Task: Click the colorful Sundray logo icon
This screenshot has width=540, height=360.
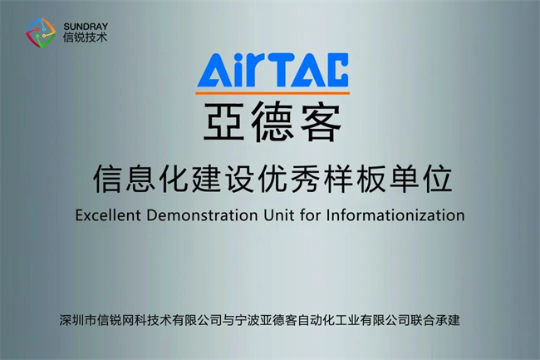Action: (x=41, y=32)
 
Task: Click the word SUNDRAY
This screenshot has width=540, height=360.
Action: (x=86, y=27)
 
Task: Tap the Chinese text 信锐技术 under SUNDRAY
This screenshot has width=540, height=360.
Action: (x=85, y=37)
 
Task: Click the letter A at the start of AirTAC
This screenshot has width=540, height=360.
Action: (x=212, y=70)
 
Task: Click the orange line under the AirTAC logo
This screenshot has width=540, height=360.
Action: (x=272, y=92)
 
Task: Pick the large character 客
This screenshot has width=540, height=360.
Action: (x=321, y=121)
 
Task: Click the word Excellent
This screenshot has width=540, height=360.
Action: (x=108, y=215)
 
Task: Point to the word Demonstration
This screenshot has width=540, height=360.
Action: (x=202, y=215)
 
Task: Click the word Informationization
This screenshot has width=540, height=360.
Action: (x=395, y=215)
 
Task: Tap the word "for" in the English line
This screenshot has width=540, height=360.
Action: (x=311, y=215)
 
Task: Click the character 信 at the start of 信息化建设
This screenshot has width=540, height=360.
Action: (x=107, y=179)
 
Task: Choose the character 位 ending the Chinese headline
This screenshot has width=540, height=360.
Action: (x=438, y=179)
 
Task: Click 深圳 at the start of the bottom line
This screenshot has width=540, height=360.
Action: (x=71, y=320)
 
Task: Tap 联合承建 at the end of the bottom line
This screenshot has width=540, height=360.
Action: (x=434, y=320)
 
